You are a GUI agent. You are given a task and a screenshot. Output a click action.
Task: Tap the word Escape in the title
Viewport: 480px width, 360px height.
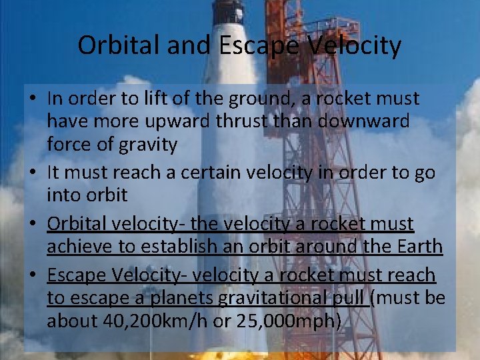pos(258,46)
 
